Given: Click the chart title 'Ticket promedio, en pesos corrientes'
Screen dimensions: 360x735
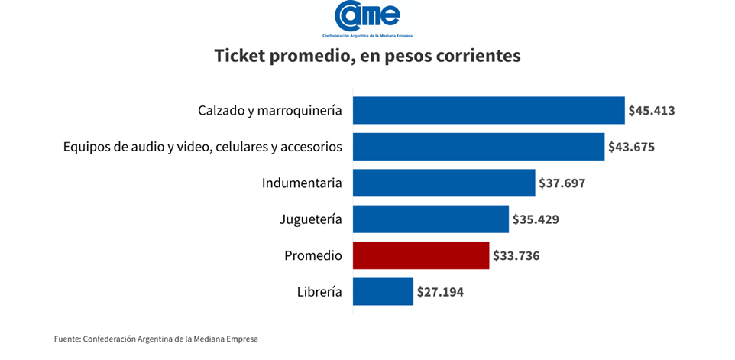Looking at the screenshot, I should click(x=367, y=56).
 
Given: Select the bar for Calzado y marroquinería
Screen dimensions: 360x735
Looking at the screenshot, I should click(x=489, y=110).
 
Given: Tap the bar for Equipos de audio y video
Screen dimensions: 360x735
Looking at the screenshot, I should click(x=479, y=146).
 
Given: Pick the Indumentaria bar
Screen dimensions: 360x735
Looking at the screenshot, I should click(x=444, y=183).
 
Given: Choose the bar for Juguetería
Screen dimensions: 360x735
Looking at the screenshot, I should click(x=431, y=219).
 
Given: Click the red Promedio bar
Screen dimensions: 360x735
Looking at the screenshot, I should click(x=421, y=255).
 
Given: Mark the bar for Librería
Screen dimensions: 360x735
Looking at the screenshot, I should click(x=383, y=291).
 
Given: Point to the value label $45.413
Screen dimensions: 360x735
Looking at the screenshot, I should click(x=651, y=110).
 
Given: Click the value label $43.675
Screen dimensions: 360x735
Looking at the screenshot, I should click(x=631, y=146).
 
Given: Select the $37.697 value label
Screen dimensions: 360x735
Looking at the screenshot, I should click(x=562, y=183).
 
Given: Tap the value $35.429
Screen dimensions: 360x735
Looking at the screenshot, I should click(x=536, y=219).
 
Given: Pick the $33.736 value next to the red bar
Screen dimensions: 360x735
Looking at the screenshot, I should click(x=516, y=255).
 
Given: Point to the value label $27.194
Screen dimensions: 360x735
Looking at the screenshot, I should click(x=440, y=291).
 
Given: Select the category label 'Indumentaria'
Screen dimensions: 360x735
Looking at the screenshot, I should click(x=301, y=183).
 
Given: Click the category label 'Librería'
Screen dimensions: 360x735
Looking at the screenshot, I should click(x=319, y=291).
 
